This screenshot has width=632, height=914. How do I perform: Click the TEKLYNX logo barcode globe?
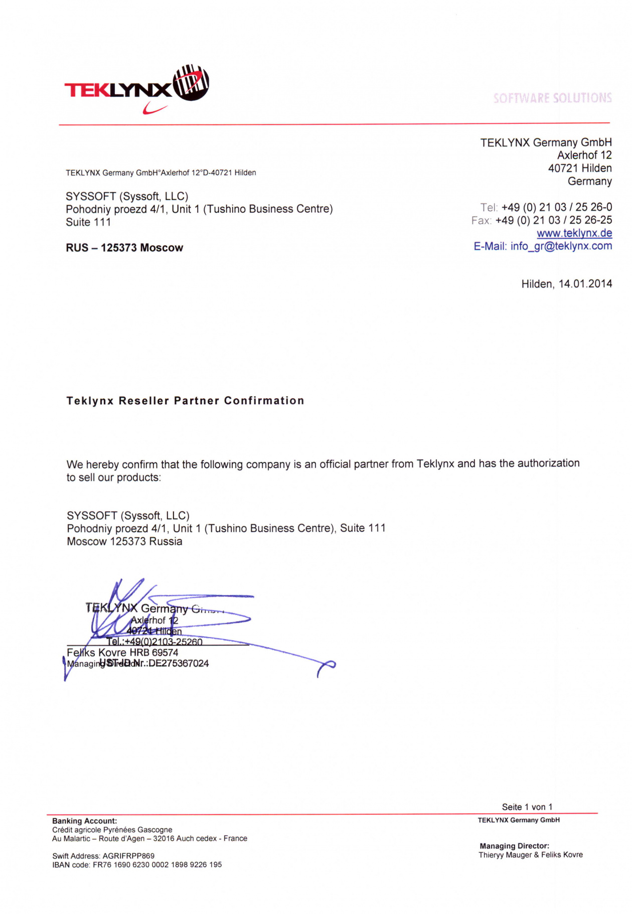pos(191,83)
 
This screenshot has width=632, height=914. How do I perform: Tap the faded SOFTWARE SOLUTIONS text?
pos(552,98)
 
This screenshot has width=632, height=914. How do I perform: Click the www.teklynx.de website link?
pos(574,233)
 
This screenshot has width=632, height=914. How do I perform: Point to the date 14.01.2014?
pos(585,284)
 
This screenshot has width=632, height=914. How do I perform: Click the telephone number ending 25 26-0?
pos(556,207)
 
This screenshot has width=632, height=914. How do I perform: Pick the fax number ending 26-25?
pos(553,220)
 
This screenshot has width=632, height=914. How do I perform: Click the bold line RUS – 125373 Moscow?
pos(124,248)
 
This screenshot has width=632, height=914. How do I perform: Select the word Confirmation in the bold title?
pos(264,401)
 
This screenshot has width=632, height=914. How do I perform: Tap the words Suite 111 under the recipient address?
pos(88,222)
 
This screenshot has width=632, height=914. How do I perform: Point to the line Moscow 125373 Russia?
pos(124,542)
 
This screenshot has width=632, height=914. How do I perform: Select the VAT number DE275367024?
pos(179,664)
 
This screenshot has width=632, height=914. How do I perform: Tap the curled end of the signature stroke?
pos(327,666)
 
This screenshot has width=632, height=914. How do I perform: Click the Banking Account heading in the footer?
pos(84,821)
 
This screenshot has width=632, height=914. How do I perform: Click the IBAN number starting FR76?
pos(157,865)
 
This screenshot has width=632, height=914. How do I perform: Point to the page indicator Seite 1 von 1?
pos(527,807)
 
